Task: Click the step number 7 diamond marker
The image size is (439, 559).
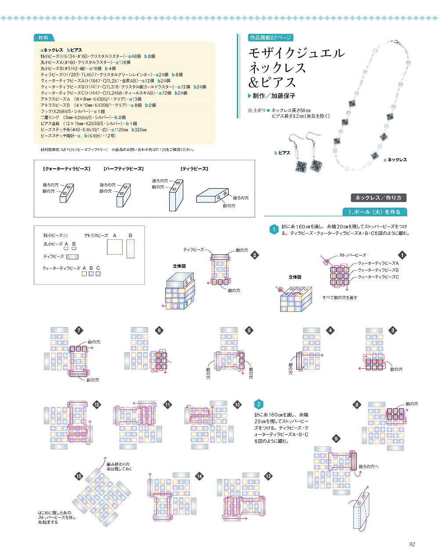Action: click(79, 331)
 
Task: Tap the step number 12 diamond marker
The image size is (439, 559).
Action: click(97, 405)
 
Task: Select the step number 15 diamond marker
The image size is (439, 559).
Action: click(79, 476)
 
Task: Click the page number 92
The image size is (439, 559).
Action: click(412, 544)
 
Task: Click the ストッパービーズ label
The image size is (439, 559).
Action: click(352, 255)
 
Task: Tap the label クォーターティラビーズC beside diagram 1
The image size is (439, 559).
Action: click(378, 277)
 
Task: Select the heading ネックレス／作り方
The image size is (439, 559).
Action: click(378, 198)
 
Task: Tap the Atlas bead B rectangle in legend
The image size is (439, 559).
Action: click(130, 248)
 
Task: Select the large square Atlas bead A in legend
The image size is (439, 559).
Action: click(115, 247)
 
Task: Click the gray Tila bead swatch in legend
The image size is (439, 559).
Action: click(72, 256)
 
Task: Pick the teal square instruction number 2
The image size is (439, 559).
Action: click(259, 404)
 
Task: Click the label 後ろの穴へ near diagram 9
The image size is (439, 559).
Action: click(368, 466)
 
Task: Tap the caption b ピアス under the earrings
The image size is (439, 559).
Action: click(282, 153)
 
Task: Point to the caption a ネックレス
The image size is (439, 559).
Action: click(395, 160)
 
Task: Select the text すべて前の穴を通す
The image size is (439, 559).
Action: click(340, 297)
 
